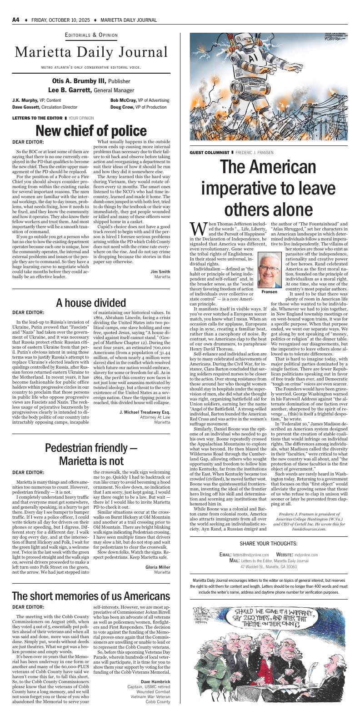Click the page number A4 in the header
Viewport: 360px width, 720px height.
point(15,20)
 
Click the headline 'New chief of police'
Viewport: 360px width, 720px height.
point(91,131)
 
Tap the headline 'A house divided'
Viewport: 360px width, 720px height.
point(91,303)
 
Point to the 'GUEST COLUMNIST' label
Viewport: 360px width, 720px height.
point(210,152)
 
